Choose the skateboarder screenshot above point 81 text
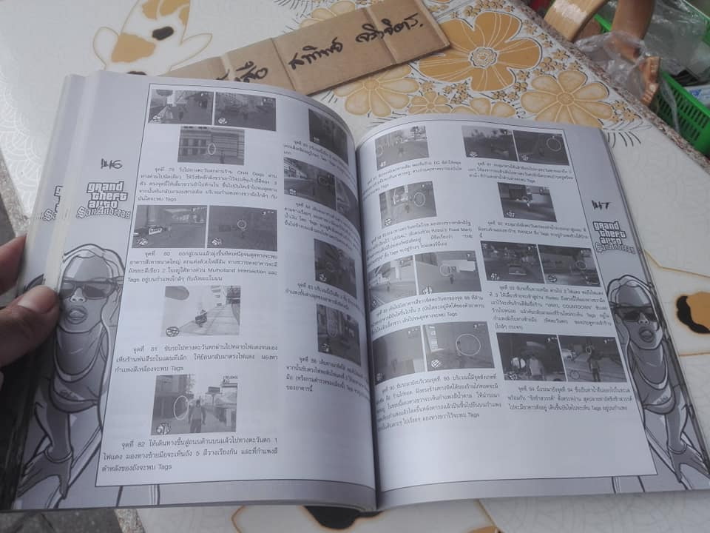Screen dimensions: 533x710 (x=200, y=310)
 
